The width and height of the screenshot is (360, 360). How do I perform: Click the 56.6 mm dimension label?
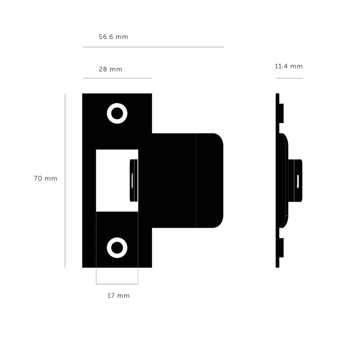[113, 37]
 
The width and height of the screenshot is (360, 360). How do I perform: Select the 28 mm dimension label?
[110, 69]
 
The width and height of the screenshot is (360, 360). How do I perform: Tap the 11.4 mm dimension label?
[288, 66]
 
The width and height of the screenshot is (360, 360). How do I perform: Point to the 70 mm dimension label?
[45, 178]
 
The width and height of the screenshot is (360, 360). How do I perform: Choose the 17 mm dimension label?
[118, 296]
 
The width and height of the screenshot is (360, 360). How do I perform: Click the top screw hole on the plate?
[117, 112]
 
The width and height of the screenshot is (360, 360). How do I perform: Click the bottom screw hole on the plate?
[117, 247]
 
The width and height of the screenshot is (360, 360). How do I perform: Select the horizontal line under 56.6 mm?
[153, 47]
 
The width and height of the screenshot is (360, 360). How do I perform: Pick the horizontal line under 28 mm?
[117, 78]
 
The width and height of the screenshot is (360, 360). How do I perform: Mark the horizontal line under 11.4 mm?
[289, 78]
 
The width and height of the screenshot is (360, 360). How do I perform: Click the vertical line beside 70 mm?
[65, 180]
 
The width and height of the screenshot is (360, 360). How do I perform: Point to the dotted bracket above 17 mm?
[117, 284]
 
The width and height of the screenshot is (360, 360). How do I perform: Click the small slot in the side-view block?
[298, 180]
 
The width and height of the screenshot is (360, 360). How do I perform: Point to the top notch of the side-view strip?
[281, 112]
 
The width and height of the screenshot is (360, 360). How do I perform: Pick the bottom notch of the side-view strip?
[281, 247]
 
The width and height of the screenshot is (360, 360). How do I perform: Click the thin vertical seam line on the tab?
[196, 180]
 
